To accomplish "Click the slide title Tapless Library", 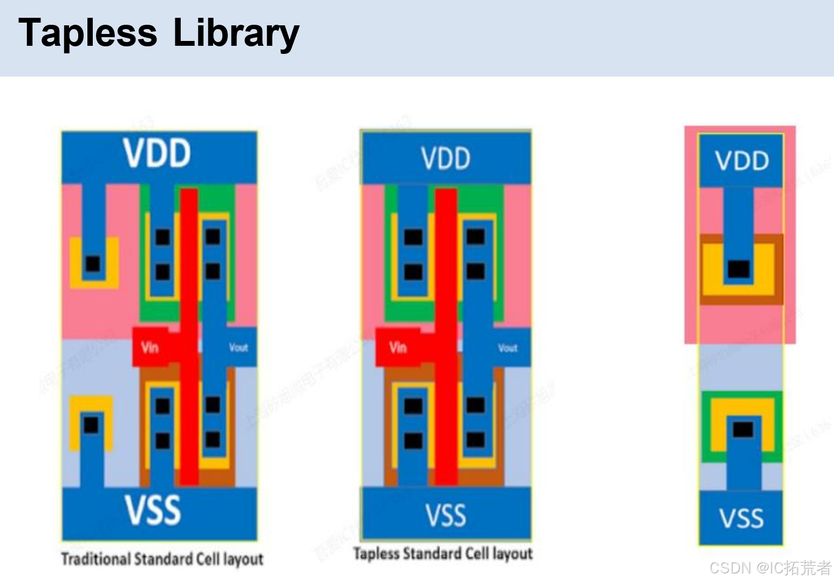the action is coord(159,33).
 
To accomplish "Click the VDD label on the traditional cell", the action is coord(157,153).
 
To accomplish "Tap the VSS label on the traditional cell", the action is coord(153,510).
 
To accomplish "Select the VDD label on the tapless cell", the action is coord(446,158).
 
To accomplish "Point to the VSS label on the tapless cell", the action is coord(446,515).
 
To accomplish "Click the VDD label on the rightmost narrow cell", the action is coord(742,161).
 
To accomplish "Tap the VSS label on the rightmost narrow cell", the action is coord(742,518).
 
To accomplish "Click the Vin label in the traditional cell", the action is coord(150,348).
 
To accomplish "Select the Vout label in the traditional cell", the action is coord(238,348).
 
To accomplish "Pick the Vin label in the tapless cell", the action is coord(398,348).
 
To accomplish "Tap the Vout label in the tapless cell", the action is coord(508,348).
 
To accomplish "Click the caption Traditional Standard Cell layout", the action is coord(162,559).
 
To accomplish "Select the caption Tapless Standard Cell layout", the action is coord(443,553).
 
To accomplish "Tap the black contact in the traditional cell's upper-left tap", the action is coord(93,264).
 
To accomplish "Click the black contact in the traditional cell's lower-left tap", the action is coord(91,425).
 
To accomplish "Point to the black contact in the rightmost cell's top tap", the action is coord(739,268).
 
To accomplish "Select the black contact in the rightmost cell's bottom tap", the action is coord(743,429).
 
